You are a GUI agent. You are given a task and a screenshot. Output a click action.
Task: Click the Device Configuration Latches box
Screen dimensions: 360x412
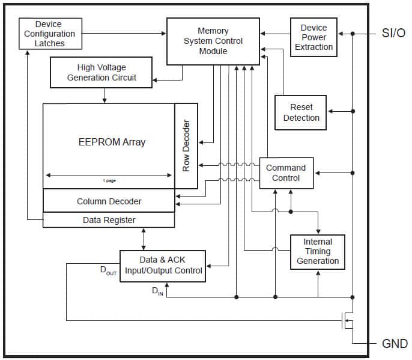[50, 34]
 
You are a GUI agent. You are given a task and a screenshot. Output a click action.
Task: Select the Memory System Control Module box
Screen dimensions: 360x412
[213, 41]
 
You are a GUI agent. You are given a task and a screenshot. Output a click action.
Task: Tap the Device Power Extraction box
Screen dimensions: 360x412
[314, 37]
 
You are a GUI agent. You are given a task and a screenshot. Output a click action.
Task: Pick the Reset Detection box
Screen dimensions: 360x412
[301, 112]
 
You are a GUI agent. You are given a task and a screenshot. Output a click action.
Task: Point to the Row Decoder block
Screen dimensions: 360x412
[186, 146]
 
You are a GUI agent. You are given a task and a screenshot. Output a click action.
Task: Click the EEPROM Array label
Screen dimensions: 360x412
[112, 142]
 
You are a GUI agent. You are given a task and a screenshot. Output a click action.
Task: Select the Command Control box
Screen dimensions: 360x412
[286, 173]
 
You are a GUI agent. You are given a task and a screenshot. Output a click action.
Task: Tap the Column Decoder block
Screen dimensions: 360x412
[109, 201]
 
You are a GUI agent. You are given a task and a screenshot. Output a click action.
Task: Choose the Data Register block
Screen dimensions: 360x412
[109, 220]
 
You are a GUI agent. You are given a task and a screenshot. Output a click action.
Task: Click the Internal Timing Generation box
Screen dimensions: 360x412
[318, 251]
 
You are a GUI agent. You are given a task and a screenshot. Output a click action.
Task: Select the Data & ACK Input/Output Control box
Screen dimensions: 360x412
[163, 266]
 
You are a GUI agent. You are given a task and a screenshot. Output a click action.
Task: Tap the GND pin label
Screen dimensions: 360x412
[395, 344]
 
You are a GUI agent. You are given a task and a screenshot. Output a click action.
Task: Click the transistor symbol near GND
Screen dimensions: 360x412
[347, 320]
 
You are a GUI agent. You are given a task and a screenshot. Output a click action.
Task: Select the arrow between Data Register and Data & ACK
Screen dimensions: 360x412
[143, 239]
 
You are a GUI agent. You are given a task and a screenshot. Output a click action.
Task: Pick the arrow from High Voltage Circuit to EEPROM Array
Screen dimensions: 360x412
[105, 95]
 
